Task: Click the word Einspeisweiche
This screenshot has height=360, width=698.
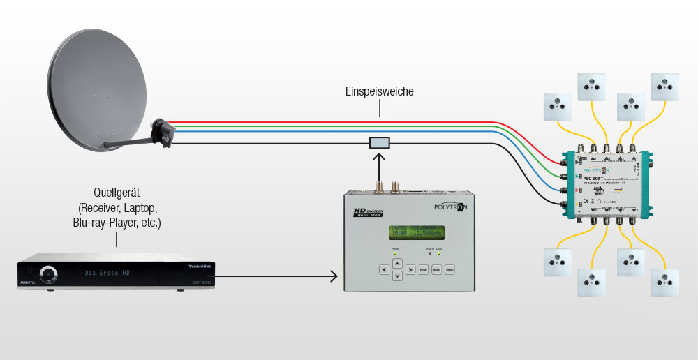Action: pyautogui.click(x=380, y=91)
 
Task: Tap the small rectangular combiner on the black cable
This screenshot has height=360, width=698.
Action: pyautogui.click(x=380, y=143)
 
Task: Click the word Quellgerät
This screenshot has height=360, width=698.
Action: pyautogui.click(x=117, y=193)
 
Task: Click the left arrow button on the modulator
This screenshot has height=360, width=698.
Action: pyautogui.click(x=383, y=269)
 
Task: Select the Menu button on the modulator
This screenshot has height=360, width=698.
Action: pyautogui.click(x=450, y=269)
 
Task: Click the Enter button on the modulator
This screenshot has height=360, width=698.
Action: pyautogui.click(x=423, y=269)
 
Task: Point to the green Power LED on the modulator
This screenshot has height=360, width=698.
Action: pyautogui.click(x=395, y=253)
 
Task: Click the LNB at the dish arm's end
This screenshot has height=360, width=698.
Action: pyautogui.click(x=164, y=133)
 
